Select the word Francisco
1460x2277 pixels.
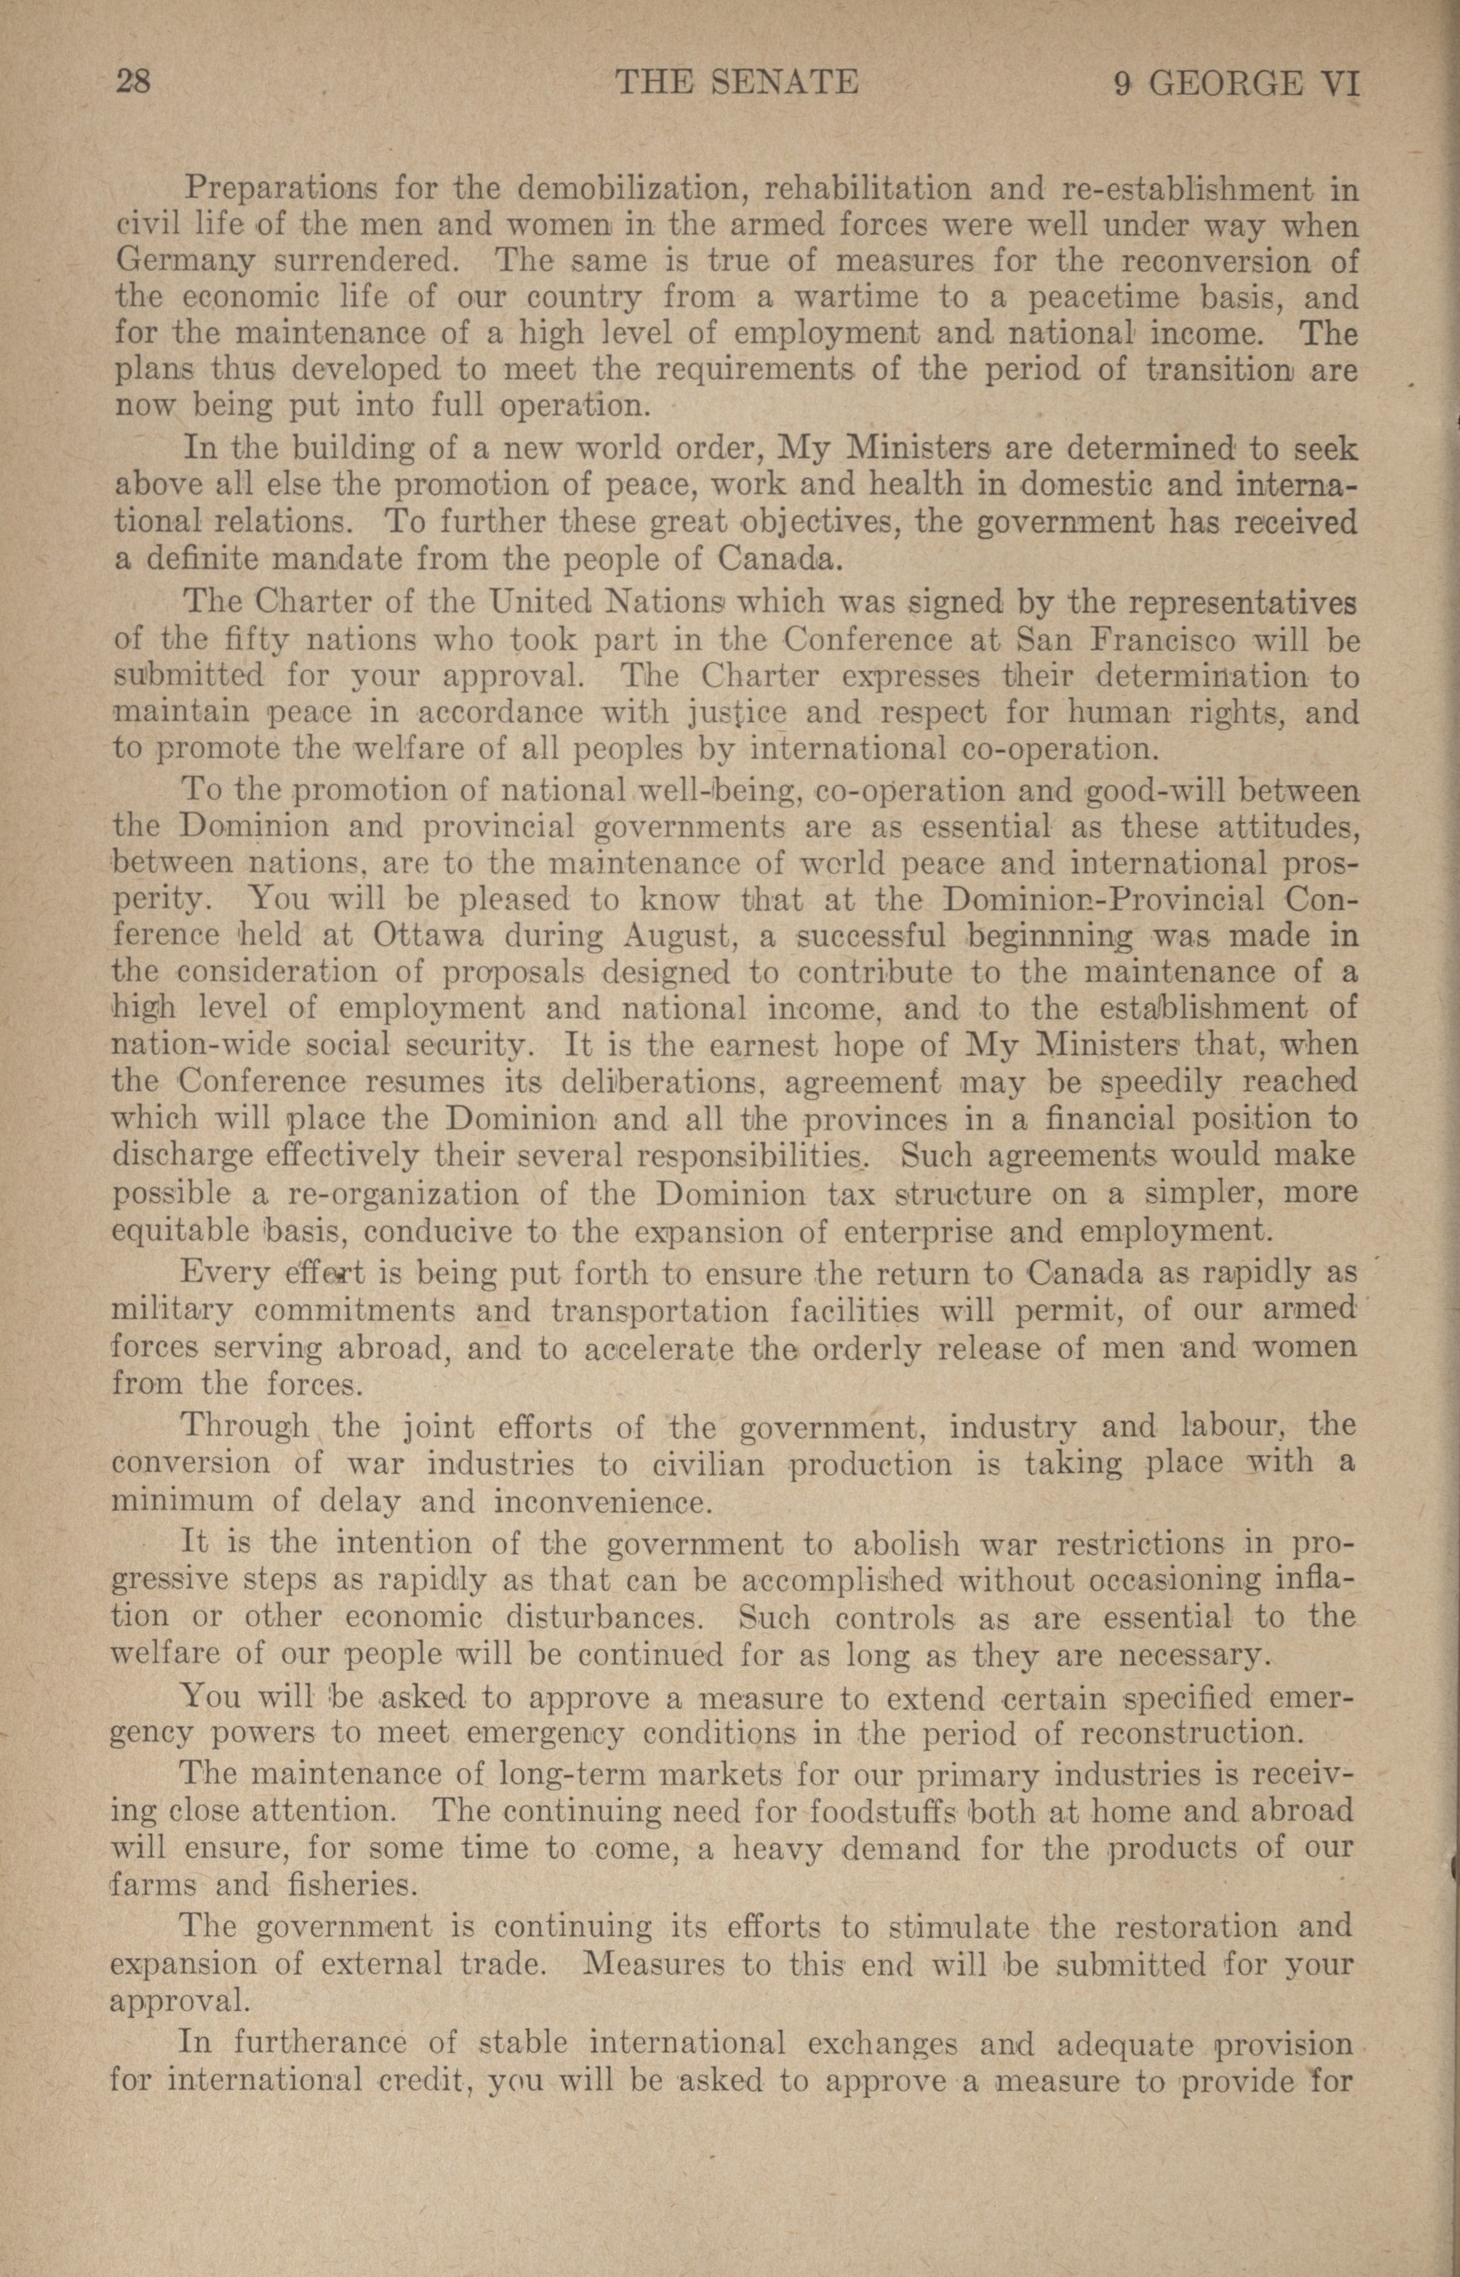[1163, 639]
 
